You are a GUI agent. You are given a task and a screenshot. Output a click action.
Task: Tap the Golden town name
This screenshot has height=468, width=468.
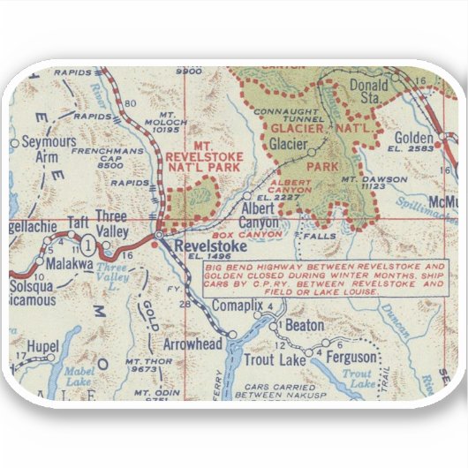coord(413,139)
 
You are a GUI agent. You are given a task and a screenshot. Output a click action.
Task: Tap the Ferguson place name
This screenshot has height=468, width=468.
coord(351,358)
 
